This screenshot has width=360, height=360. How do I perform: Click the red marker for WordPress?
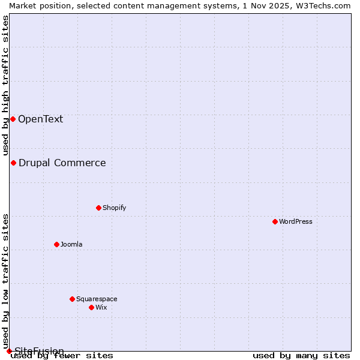[275, 221]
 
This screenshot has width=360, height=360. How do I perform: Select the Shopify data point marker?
[98, 208]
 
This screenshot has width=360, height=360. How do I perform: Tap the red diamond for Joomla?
[56, 244]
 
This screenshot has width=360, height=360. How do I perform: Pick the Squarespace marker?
[72, 299]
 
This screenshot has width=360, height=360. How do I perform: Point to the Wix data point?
[91, 307]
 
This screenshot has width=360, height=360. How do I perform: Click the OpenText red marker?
[13, 119]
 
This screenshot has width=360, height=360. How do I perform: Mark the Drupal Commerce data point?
[13, 163]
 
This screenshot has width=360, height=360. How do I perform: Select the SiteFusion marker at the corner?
[9, 351]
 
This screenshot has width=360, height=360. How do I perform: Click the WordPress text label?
[296, 221]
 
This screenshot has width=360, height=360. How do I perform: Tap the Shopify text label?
[114, 208]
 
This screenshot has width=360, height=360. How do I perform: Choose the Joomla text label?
[71, 244]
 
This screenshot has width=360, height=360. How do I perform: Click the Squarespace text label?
[97, 299]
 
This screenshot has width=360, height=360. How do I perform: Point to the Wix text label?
[101, 307]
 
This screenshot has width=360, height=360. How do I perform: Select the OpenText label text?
[40, 119]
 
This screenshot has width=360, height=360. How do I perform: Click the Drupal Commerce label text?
[62, 163]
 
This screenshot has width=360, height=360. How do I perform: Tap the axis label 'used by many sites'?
[301, 356]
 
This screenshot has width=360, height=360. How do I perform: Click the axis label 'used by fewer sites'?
[62, 356]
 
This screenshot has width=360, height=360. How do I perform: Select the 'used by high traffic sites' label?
[5, 85]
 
